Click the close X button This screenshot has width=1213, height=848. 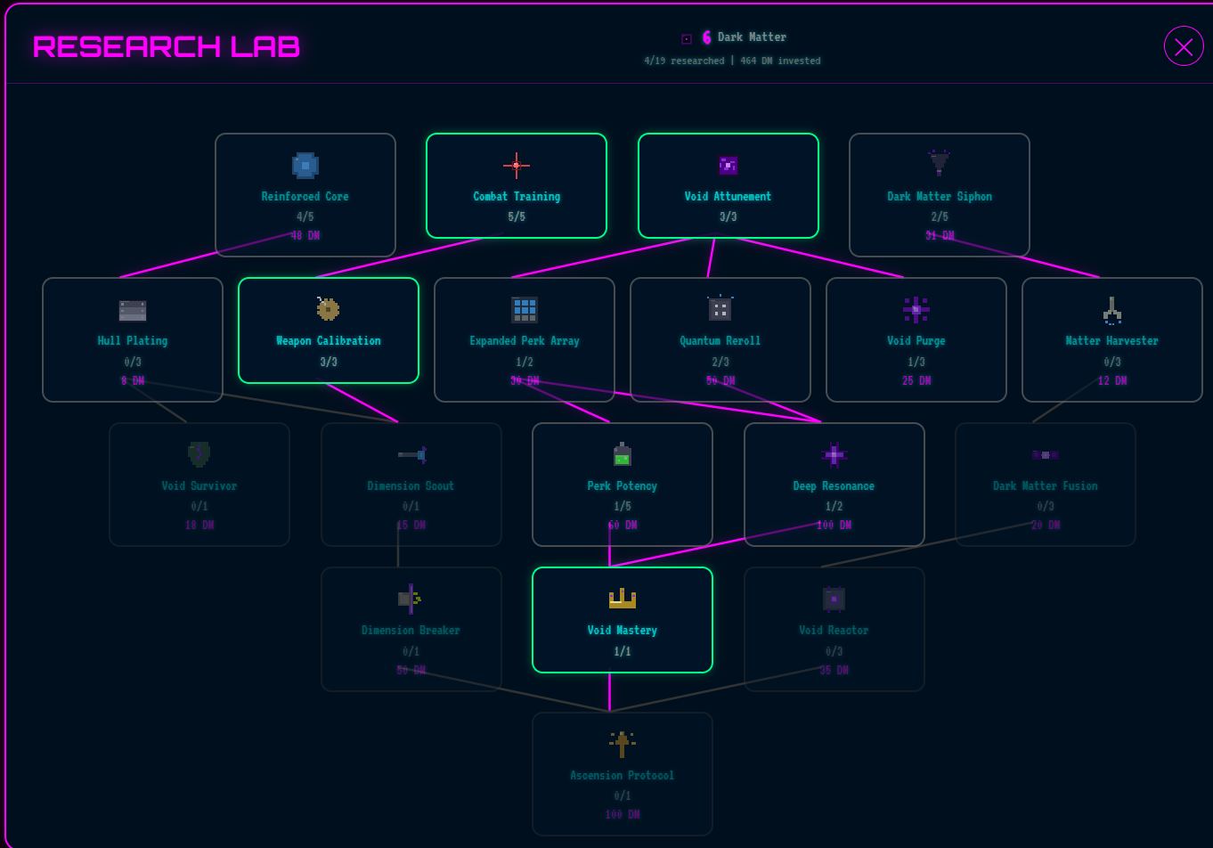click(x=1184, y=46)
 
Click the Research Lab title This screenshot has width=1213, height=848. click(x=167, y=46)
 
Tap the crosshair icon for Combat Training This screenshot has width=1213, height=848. click(x=517, y=165)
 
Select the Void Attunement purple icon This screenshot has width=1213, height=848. click(x=729, y=165)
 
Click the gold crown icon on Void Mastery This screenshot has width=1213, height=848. click(x=623, y=599)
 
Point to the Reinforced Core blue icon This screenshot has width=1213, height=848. click(x=305, y=165)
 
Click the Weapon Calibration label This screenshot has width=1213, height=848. click(x=329, y=341)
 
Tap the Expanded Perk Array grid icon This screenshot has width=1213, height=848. click(x=525, y=309)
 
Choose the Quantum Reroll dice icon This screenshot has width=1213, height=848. click(x=720, y=309)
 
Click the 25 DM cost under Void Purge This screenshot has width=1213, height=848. click(x=916, y=380)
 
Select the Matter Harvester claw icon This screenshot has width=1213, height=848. click(x=1112, y=309)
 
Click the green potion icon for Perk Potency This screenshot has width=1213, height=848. click(x=623, y=455)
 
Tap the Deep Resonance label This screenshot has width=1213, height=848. click(x=834, y=486)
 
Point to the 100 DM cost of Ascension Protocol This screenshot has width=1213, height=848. click(x=623, y=815)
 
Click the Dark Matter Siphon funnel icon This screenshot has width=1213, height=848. click(x=940, y=163)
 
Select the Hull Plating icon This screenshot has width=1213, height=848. click(x=133, y=310)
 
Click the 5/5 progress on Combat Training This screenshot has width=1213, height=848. click(x=517, y=216)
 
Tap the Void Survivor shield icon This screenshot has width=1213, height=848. click(x=199, y=454)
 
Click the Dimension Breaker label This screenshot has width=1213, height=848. click(x=411, y=631)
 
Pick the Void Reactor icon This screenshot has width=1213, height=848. click(x=834, y=599)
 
